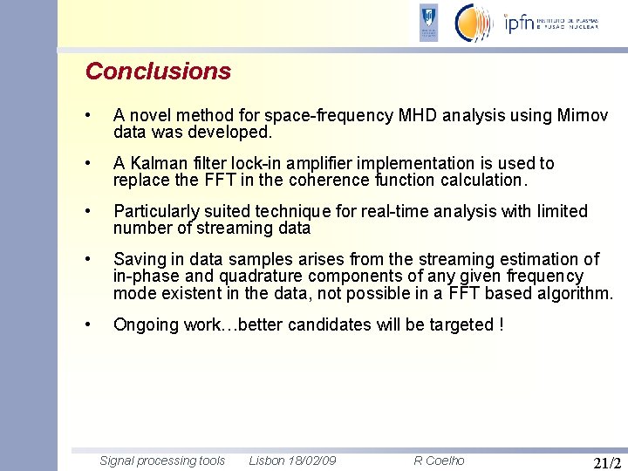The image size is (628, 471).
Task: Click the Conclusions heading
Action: click(x=158, y=72)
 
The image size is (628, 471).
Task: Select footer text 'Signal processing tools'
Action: click(x=162, y=461)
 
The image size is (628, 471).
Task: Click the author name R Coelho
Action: click(x=439, y=461)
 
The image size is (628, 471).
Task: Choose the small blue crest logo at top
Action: click(x=428, y=23)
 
